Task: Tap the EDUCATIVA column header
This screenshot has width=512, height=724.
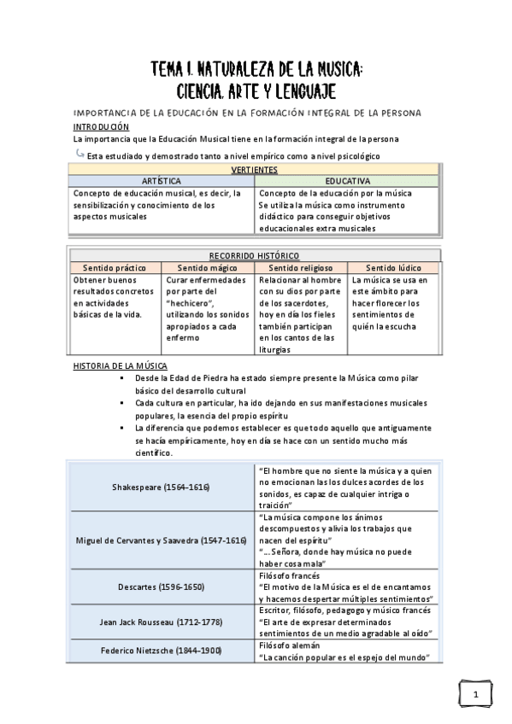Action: [347, 182]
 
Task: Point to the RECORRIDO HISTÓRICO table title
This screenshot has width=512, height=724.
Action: [255, 255]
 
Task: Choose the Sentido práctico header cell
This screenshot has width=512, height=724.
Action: [116, 268]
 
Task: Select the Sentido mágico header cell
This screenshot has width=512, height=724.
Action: [208, 268]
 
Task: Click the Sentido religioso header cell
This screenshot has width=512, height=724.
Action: [301, 268]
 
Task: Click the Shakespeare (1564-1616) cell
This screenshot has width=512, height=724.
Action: [161, 486]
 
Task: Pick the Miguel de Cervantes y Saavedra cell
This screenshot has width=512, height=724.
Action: [161, 540]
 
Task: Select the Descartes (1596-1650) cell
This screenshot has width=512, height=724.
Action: [161, 587]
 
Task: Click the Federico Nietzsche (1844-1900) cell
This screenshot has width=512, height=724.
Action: [161, 651]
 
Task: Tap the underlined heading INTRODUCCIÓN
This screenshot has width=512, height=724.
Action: [101, 126]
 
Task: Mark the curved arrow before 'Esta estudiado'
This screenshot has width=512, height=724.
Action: [79, 154]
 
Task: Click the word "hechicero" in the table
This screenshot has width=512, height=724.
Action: [192, 303]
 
